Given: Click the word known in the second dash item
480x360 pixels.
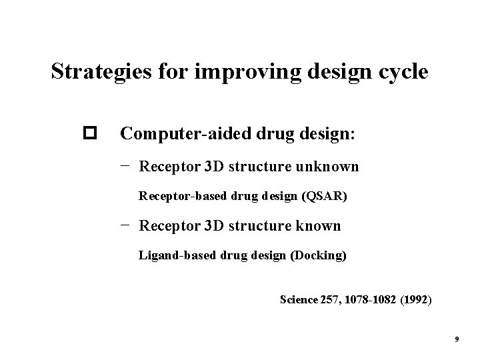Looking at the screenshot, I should [x=315, y=225].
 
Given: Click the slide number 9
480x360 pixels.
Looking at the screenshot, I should [x=457, y=340].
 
